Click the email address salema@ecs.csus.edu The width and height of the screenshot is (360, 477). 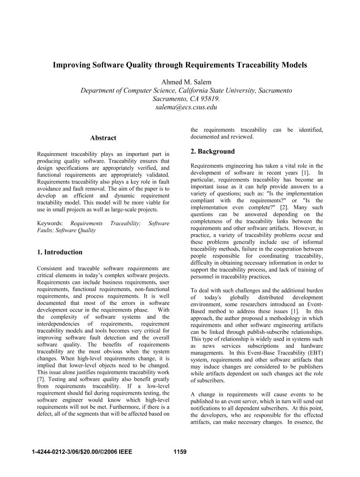(180, 107)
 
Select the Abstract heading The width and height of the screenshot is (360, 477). (103, 138)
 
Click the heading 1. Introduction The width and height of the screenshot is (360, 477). (60, 252)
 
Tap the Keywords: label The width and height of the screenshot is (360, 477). (50, 223)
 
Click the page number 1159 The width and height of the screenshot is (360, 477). (179, 452)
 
